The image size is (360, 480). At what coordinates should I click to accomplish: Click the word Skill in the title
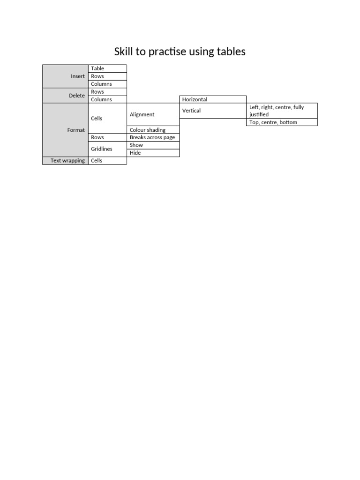coord(124,52)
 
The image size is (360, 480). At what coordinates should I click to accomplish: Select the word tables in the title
coord(231,52)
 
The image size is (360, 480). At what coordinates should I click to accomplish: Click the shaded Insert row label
coord(77,76)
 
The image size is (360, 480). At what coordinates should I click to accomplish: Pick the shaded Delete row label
coord(77,96)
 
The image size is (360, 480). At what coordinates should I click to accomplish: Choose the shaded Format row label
coord(76,130)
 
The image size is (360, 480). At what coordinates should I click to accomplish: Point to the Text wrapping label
coord(67,161)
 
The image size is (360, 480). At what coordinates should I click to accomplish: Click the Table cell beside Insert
coord(97,68)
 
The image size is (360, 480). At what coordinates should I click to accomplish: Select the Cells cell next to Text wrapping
coord(97,161)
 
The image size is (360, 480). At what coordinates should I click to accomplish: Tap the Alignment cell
coord(142,115)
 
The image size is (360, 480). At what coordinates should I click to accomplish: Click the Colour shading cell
coord(148,130)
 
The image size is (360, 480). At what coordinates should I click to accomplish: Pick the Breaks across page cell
coord(152,138)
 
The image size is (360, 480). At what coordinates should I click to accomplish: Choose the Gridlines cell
coord(102,149)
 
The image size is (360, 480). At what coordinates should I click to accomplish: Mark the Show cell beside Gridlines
coord(136,145)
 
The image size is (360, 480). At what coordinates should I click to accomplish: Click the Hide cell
coord(135,153)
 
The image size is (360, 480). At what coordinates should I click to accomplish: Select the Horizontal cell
coord(195,99)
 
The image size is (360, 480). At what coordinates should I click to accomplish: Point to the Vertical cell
coord(191,111)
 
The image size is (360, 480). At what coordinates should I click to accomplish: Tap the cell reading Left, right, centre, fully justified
coord(277,111)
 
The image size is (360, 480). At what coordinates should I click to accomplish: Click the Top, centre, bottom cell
coord(273,122)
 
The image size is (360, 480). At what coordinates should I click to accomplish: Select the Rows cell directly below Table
coord(97,76)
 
